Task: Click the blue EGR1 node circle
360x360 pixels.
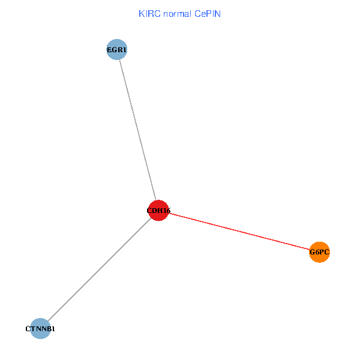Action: [116, 50]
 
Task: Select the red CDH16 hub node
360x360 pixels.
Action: [158, 210]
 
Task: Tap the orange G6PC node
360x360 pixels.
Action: [320, 252]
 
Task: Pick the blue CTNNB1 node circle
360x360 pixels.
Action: [40, 328]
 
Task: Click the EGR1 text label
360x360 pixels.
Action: [116, 50]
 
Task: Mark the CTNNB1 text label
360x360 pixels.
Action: [40, 329]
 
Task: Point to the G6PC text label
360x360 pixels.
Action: [320, 253]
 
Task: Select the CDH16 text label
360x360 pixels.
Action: [158, 211]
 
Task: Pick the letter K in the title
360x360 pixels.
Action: [142, 14]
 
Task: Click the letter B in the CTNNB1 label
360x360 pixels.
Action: [50, 329]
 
